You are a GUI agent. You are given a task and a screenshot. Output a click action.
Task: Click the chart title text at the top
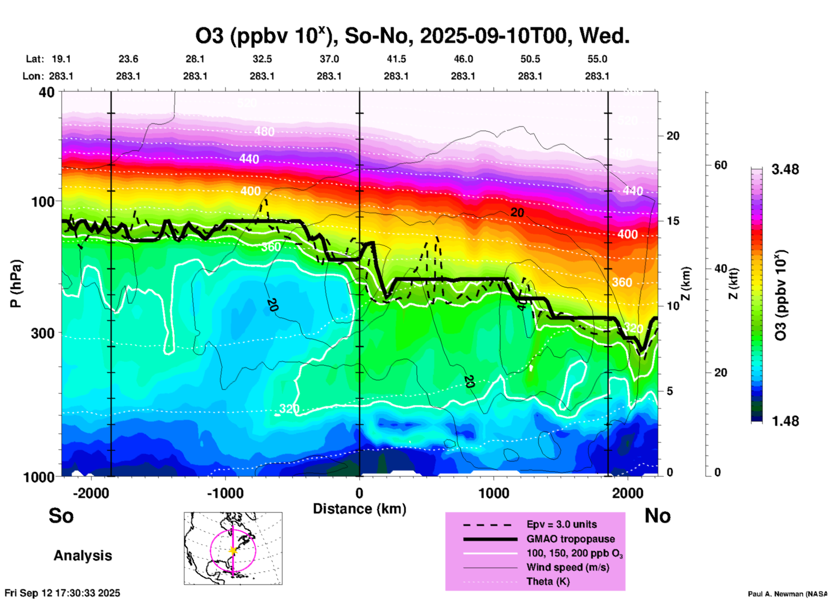412,36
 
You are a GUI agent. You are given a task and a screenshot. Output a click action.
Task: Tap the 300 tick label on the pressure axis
42,333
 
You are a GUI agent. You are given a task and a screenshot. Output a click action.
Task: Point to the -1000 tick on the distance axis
225,493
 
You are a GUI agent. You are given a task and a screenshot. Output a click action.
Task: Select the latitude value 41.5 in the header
396,59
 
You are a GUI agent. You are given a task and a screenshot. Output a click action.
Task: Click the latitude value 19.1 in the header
61,59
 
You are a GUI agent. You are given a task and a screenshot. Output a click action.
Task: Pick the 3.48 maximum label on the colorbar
785,170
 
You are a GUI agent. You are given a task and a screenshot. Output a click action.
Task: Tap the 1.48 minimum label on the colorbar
785,421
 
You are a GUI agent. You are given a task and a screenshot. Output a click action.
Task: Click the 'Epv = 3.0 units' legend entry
561,525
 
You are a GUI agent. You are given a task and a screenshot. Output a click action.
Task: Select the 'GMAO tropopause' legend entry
570,539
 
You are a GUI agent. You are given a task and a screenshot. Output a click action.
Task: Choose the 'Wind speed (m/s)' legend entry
567,568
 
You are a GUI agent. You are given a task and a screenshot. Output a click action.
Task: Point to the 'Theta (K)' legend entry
548,582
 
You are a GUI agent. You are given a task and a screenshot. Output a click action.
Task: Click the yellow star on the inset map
233,550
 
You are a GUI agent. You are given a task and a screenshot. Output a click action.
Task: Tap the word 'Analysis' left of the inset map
83,556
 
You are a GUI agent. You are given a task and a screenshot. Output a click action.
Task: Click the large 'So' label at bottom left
61,516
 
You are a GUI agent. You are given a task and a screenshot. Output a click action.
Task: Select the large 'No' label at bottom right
657,516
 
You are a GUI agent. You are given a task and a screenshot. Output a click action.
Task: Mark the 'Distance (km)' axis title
359,509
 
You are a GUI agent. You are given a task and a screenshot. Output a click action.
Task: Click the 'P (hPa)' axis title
16,284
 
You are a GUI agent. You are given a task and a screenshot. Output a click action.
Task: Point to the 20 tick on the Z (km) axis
673,136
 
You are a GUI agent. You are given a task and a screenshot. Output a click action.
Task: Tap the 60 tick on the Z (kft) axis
721,165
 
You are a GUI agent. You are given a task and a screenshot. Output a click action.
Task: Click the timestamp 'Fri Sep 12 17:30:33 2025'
62,593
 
